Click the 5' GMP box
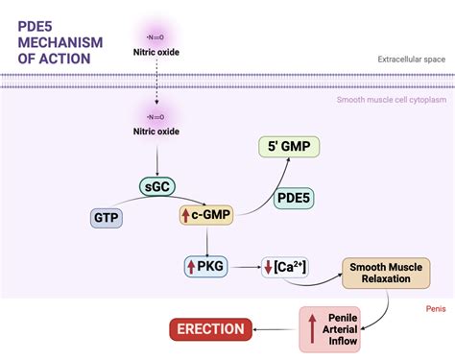(289, 147)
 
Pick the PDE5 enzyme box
(295, 198)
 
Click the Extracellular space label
(411, 60)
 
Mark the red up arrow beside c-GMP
(186, 218)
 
